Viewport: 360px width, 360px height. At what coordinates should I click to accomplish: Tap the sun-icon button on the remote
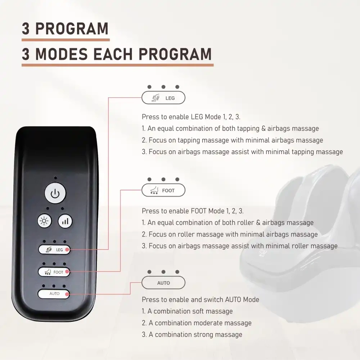(x=45, y=221)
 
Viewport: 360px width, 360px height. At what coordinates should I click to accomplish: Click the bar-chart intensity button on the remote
(x=65, y=221)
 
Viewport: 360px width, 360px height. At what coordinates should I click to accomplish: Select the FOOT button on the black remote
(x=54, y=272)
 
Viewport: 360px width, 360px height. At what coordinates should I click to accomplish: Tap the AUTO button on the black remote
(x=54, y=294)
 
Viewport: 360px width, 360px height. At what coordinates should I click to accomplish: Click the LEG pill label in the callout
(x=163, y=98)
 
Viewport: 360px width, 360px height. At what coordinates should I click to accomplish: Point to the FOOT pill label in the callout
(x=163, y=190)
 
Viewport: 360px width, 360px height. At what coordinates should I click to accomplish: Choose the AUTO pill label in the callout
(x=163, y=283)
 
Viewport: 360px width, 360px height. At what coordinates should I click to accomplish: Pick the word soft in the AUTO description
(x=201, y=311)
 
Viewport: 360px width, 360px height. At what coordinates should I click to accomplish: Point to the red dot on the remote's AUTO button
(x=67, y=294)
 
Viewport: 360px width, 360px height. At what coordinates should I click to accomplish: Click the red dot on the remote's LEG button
(x=67, y=249)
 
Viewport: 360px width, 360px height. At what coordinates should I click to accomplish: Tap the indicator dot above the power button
(x=55, y=178)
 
